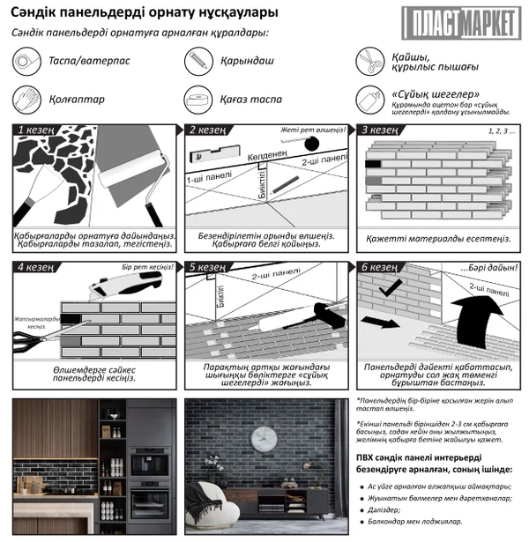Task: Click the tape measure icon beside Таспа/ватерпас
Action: click(x=26, y=62)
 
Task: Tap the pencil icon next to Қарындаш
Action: click(x=197, y=62)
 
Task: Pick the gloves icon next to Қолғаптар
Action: click(x=26, y=100)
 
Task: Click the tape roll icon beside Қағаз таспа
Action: click(x=197, y=100)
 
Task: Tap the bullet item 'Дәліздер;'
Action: click(x=387, y=510)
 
